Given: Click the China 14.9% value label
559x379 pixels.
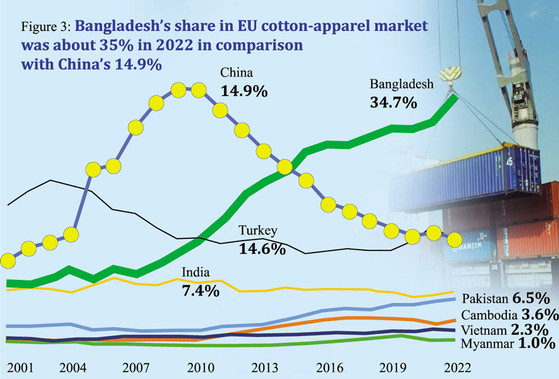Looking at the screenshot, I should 243,90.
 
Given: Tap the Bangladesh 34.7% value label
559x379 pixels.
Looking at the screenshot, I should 393,101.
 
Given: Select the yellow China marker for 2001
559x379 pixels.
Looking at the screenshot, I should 8,260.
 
